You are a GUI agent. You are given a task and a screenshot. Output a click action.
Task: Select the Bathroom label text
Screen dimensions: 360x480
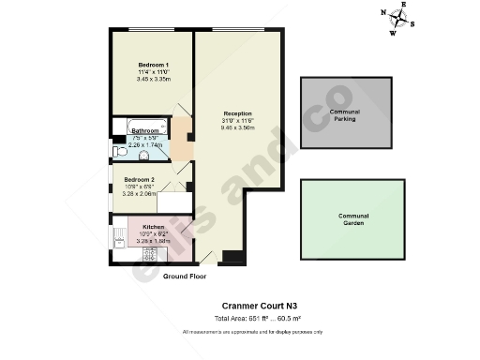(144, 130)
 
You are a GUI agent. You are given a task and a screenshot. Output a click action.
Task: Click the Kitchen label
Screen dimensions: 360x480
(154, 227)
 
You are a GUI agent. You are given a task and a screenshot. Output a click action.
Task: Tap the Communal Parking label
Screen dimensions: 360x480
(345, 115)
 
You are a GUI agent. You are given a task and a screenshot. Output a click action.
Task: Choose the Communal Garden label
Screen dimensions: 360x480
(352, 219)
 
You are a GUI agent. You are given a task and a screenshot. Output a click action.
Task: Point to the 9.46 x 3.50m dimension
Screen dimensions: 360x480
(239, 128)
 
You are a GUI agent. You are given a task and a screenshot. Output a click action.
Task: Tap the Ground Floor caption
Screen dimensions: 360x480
(185, 277)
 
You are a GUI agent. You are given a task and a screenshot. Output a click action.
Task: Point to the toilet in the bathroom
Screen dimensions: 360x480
(119, 150)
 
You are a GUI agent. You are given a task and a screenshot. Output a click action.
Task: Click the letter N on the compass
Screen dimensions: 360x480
(383, 12)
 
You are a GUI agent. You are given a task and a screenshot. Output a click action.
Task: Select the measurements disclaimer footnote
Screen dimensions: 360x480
(253, 333)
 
